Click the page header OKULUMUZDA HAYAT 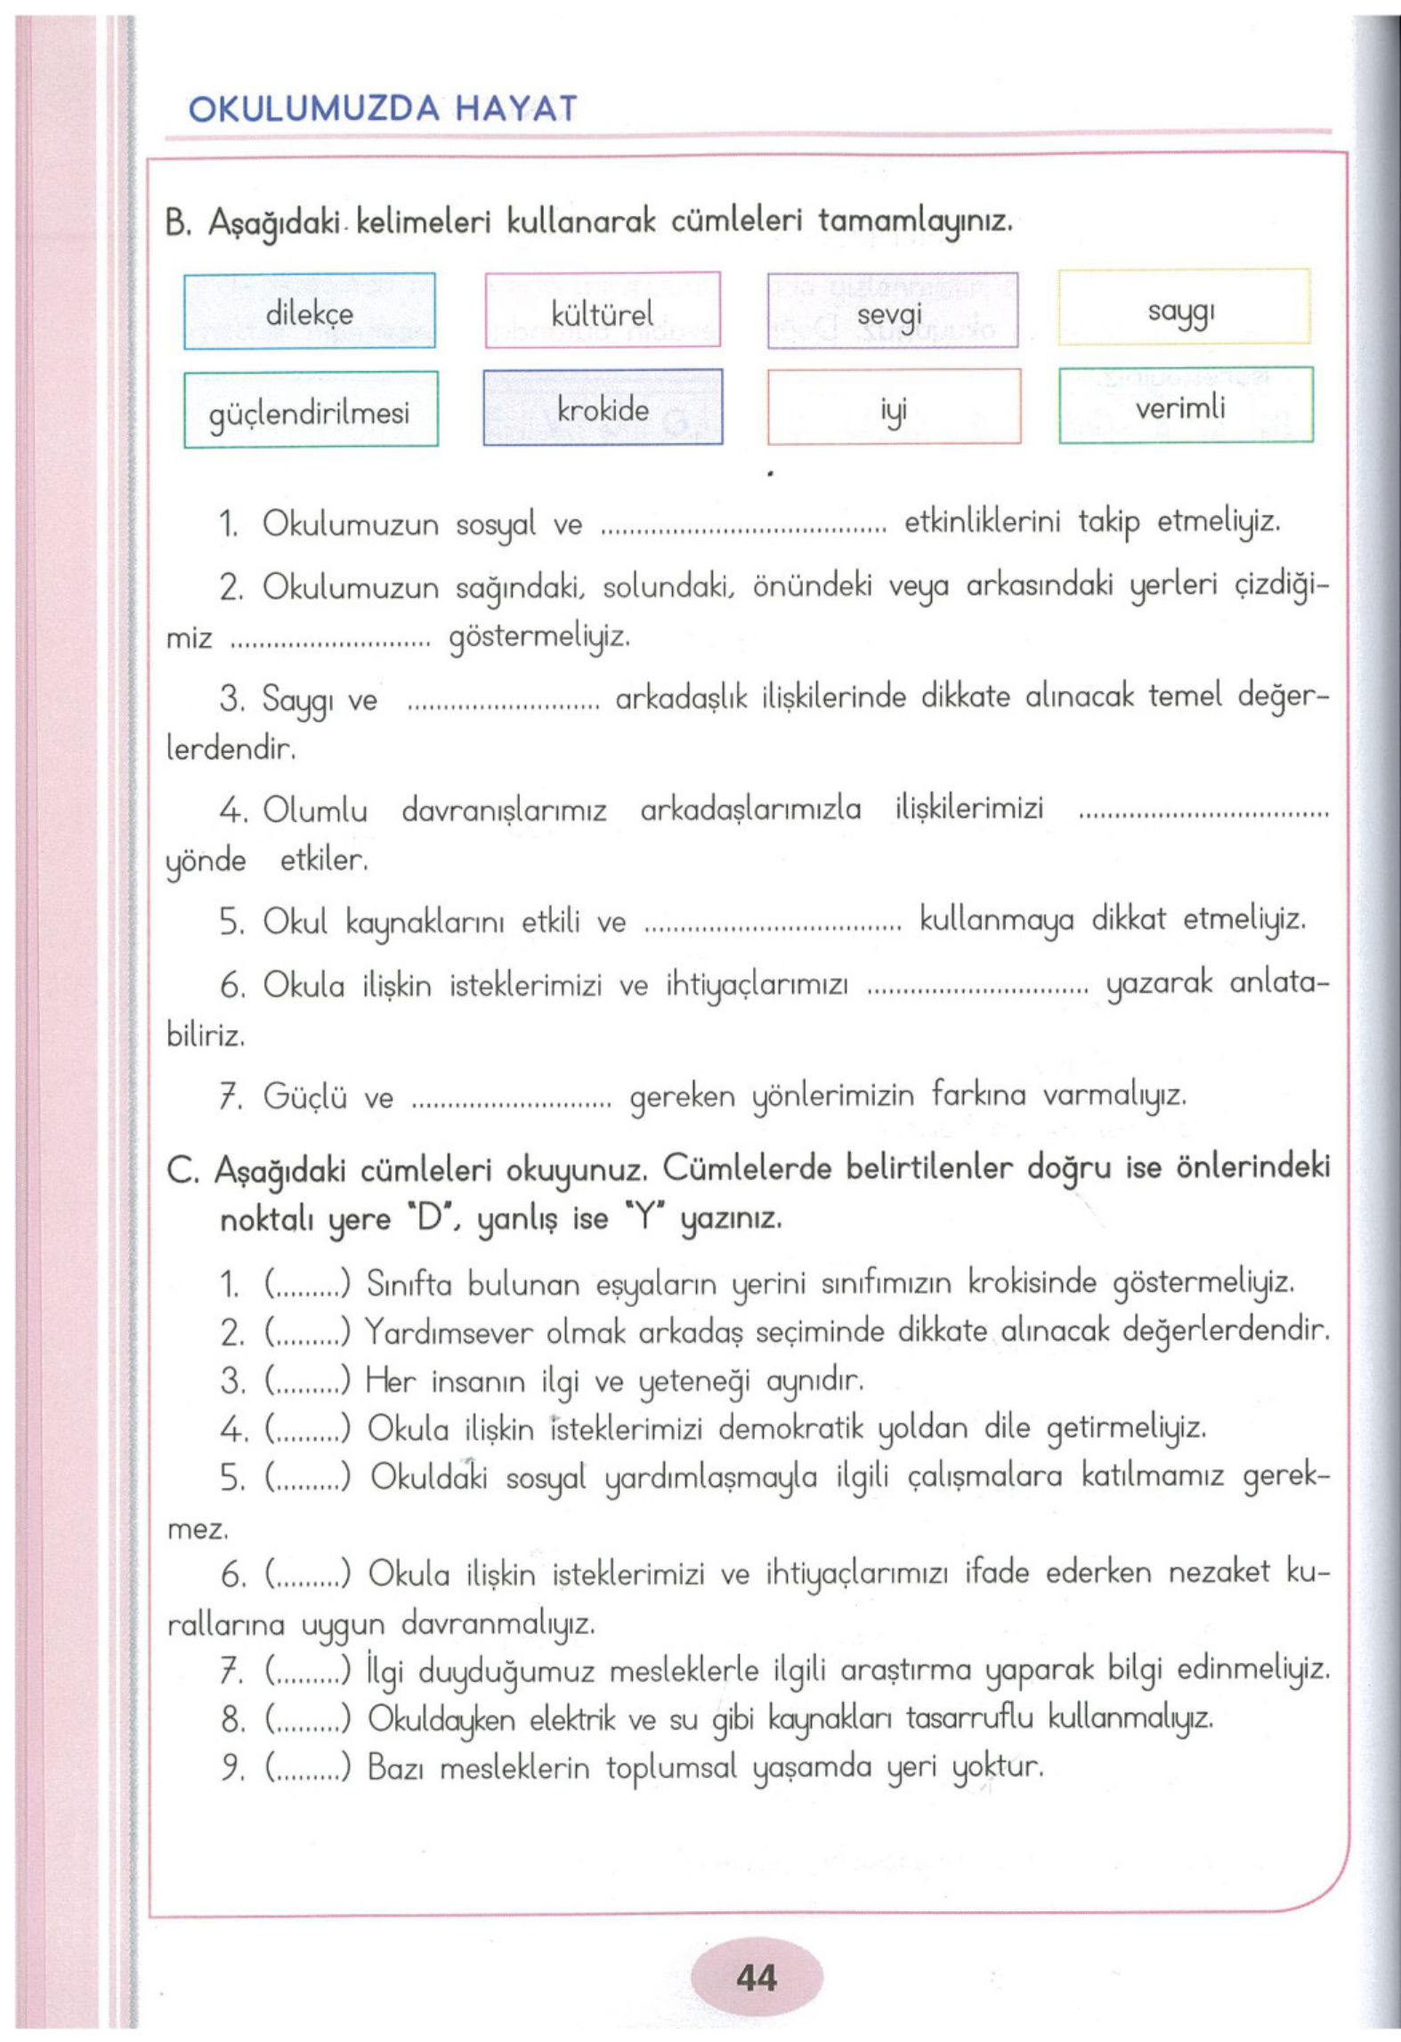tap(383, 109)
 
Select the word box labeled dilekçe tap(309, 311)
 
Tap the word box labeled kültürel tap(602, 311)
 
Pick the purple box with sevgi tap(892, 311)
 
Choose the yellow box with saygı tap(1183, 308)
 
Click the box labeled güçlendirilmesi tap(310, 410)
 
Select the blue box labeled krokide tap(603, 408)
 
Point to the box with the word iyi tap(893, 409)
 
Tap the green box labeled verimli tap(1184, 406)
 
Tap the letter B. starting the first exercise tap(178, 222)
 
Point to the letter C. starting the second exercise tap(182, 1172)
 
